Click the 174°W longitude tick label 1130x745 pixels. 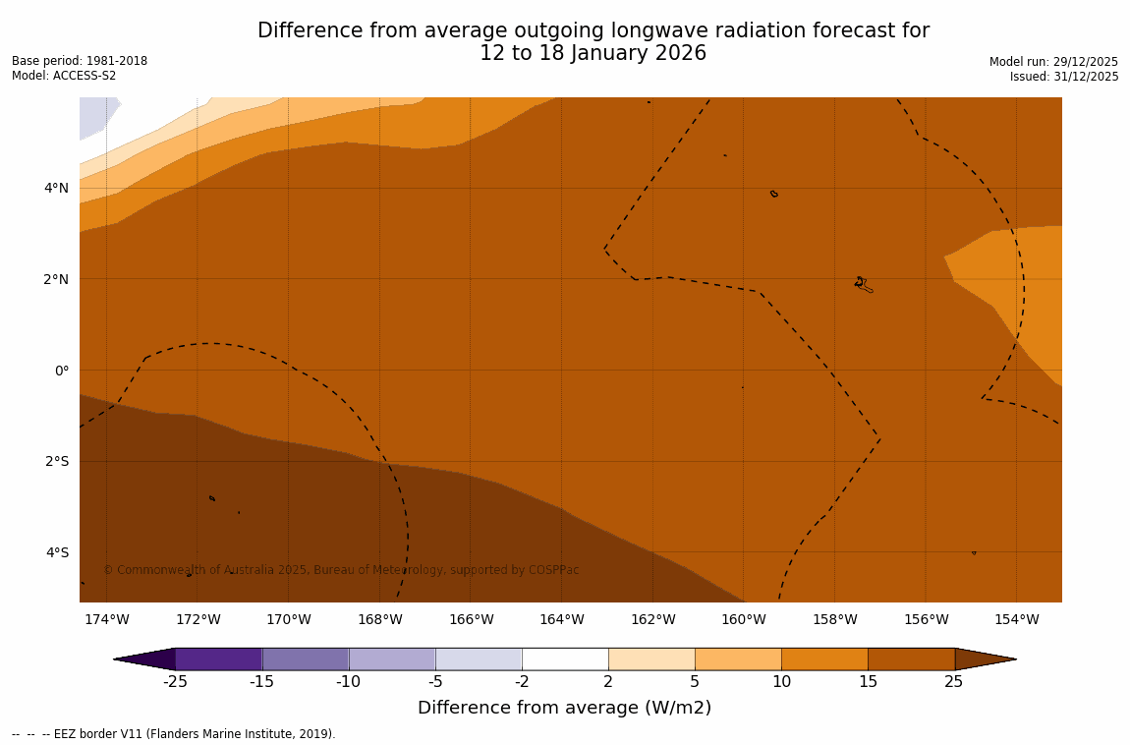coord(106,619)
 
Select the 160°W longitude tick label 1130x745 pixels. coord(744,619)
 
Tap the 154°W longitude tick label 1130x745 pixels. coord(1016,619)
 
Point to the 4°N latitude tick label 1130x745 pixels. coord(56,189)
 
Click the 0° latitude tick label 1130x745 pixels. coord(62,371)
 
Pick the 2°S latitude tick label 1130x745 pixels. coord(57,462)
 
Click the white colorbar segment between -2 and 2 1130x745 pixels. coord(565,659)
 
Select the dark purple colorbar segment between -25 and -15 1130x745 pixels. coord(218,659)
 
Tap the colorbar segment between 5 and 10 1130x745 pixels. coord(738,659)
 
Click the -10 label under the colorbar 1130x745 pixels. coord(349,682)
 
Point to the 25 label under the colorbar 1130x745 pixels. coord(954,682)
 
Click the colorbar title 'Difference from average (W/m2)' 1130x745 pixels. coord(564,708)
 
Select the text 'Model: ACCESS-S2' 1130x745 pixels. coord(64,76)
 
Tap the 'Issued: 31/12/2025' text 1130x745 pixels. coord(1064,77)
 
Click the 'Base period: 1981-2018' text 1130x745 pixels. coord(80,61)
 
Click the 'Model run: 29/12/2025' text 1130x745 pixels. coord(1053,62)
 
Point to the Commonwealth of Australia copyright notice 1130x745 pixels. coord(341,570)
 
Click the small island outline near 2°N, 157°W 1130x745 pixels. coord(863,284)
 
